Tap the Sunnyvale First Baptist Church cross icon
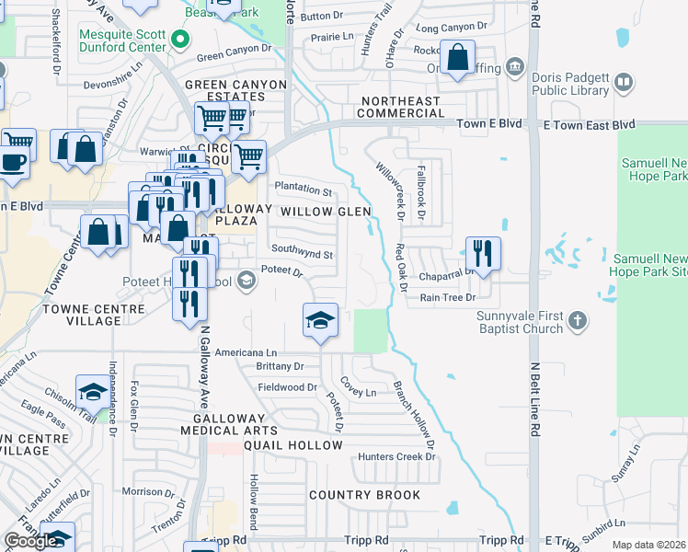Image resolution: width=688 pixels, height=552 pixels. (x=577, y=321)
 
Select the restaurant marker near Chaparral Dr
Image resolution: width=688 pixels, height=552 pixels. (x=483, y=253)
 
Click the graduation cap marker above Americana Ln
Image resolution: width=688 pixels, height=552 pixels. (x=320, y=321)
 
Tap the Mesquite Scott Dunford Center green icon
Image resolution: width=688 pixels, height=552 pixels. (x=181, y=39)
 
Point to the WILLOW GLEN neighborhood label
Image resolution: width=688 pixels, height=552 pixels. (x=326, y=212)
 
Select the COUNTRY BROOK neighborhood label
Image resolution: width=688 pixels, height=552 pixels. (x=364, y=495)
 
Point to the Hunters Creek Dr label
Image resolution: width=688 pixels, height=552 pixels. (x=396, y=457)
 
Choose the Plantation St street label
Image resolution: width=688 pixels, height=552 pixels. (x=303, y=191)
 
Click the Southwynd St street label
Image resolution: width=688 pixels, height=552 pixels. (x=302, y=254)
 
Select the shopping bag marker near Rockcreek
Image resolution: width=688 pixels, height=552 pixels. (x=457, y=59)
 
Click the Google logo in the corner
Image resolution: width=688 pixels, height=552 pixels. (x=29, y=541)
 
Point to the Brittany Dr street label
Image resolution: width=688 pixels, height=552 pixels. (x=281, y=365)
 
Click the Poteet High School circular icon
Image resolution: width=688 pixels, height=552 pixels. (x=246, y=280)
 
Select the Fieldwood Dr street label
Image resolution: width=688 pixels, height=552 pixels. (x=287, y=387)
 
